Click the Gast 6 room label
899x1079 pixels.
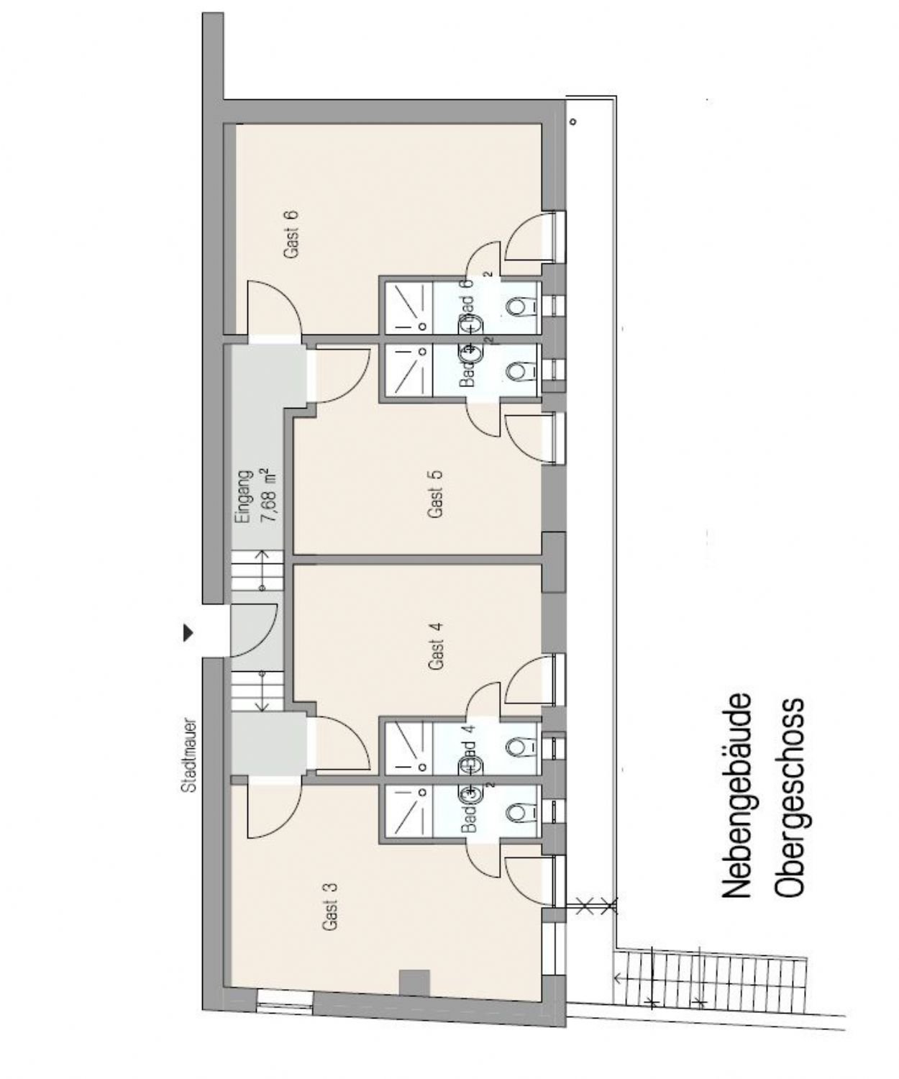coord(291,235)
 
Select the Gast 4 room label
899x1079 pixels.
coord(436,645)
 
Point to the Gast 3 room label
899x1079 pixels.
coord(330,906)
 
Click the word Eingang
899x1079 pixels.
coord(245,496)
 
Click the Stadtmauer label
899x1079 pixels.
coord(190,754)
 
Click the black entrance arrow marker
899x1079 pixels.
coord(188,632)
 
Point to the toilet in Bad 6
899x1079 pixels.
coord(516,307)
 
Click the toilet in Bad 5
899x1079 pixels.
coord(516,371)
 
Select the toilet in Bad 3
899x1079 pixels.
coord(516,813)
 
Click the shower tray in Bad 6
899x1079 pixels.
coord(407,307)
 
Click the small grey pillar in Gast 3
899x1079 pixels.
coord(414,983)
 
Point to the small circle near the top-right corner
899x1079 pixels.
coord(573,122)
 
